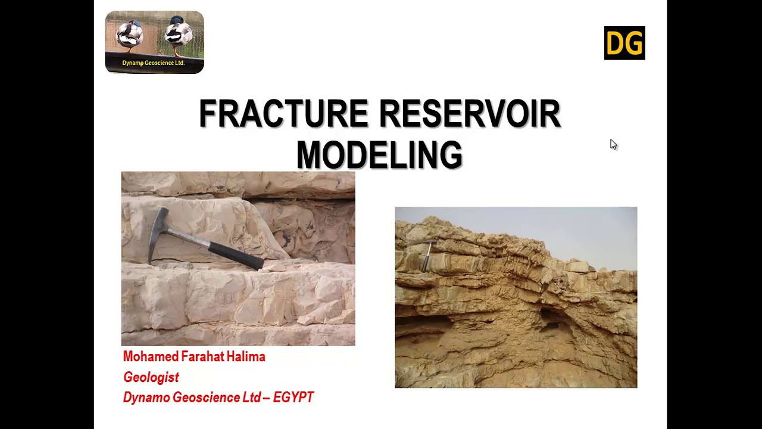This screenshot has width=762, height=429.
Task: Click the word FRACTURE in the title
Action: [284, 114]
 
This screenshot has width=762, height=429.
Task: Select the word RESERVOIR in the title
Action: [470, 114]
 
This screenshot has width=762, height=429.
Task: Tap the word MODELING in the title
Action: [379, 155]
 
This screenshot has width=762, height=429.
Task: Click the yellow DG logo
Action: [624, 43]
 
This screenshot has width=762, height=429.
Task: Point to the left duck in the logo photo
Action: [129, 36]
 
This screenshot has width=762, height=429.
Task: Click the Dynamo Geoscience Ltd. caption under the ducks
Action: [154, 63]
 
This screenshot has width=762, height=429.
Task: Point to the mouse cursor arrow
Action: [613, 144]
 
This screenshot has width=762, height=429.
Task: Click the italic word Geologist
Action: [151, 377]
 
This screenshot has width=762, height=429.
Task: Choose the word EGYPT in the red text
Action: [293, 397]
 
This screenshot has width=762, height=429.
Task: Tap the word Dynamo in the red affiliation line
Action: [146, 397]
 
